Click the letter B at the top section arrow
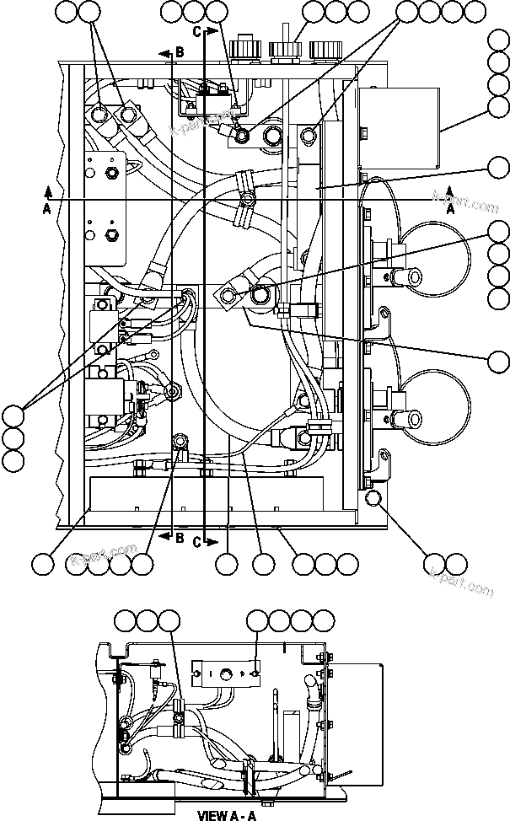(180, 53)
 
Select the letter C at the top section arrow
(196, 32)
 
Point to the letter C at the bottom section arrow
(197, 542)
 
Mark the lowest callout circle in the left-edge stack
(13, 459)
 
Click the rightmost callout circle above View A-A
(323, 621)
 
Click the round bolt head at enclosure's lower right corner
(374, 500)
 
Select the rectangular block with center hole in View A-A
(225, 673)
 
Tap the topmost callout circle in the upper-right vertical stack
(498, 40)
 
